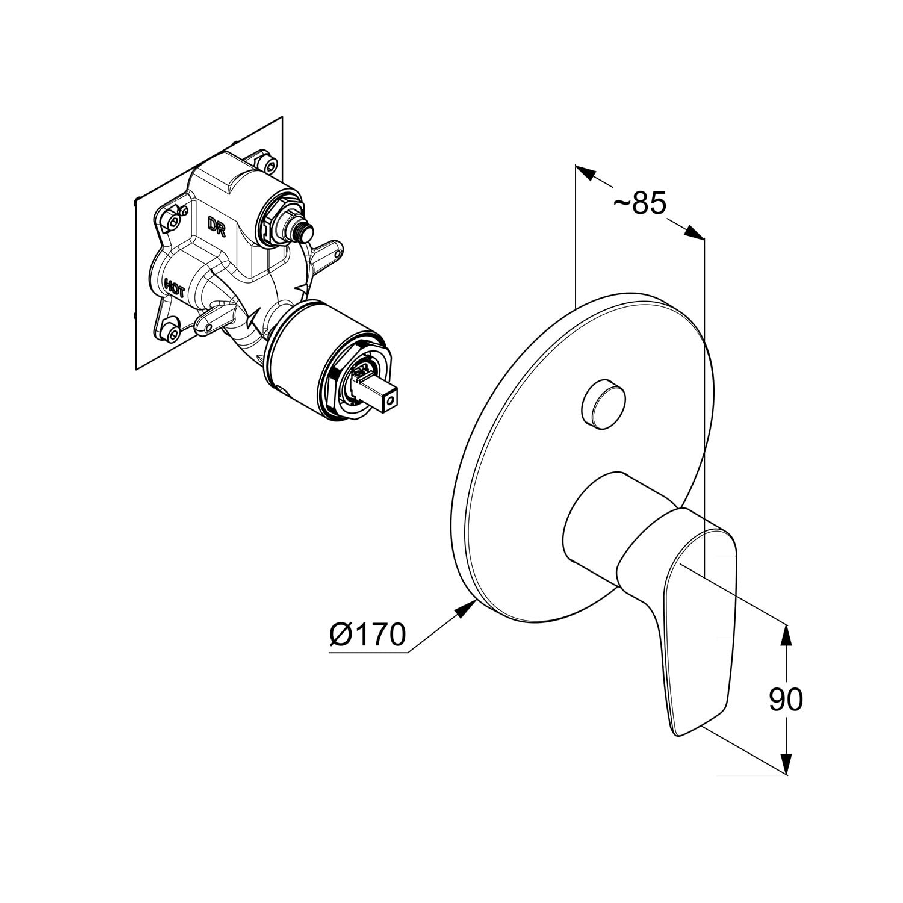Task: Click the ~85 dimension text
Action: (641, 204)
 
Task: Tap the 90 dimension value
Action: (786, 699)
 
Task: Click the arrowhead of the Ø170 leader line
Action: (464, 609)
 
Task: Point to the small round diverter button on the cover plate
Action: (604, 405)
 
